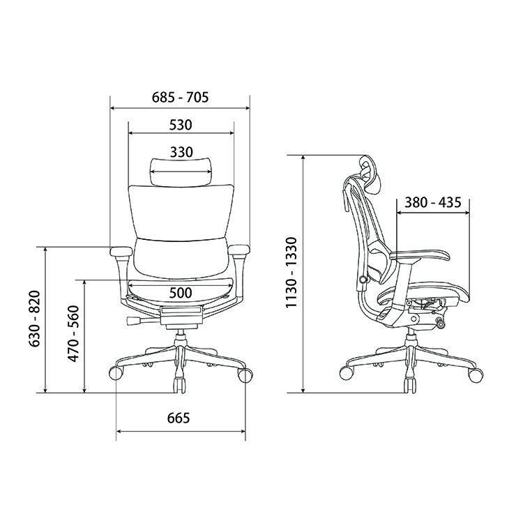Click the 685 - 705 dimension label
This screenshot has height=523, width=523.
(x=180, y=98)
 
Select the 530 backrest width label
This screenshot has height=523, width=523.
(x=181, y=125)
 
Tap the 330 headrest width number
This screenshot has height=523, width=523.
(x=181, y=152)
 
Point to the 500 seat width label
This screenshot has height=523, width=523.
(x=181, y=293)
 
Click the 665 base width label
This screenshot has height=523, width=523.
(x=179, y=418)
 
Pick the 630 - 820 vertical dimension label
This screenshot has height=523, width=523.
(x=35, y=319)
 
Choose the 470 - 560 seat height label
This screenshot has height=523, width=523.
(x=73, y=333)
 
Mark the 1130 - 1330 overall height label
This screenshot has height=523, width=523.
(x=291, y=273)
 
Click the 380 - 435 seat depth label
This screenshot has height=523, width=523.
(x=433, y=202)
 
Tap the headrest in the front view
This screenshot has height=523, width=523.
(x=181, y=172)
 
